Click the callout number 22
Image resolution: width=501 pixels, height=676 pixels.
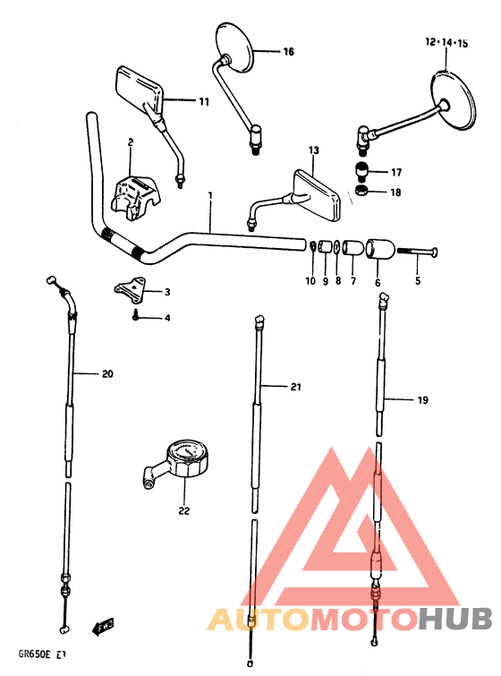pyautogui.click(x=184, y=510)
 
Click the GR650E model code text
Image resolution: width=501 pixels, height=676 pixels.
pyautogui.click(x=34, y=654)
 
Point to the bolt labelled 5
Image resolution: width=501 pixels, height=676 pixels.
pyautogui.click(x=417, y=252)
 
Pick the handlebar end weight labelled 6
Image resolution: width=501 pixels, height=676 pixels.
pyautogui.click(x=380, y=250)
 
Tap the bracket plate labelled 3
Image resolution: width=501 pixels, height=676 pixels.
pyautogui.click(x=130, y=287)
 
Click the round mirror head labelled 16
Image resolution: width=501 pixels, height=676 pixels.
pyautogui.click(x=234, y=47)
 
